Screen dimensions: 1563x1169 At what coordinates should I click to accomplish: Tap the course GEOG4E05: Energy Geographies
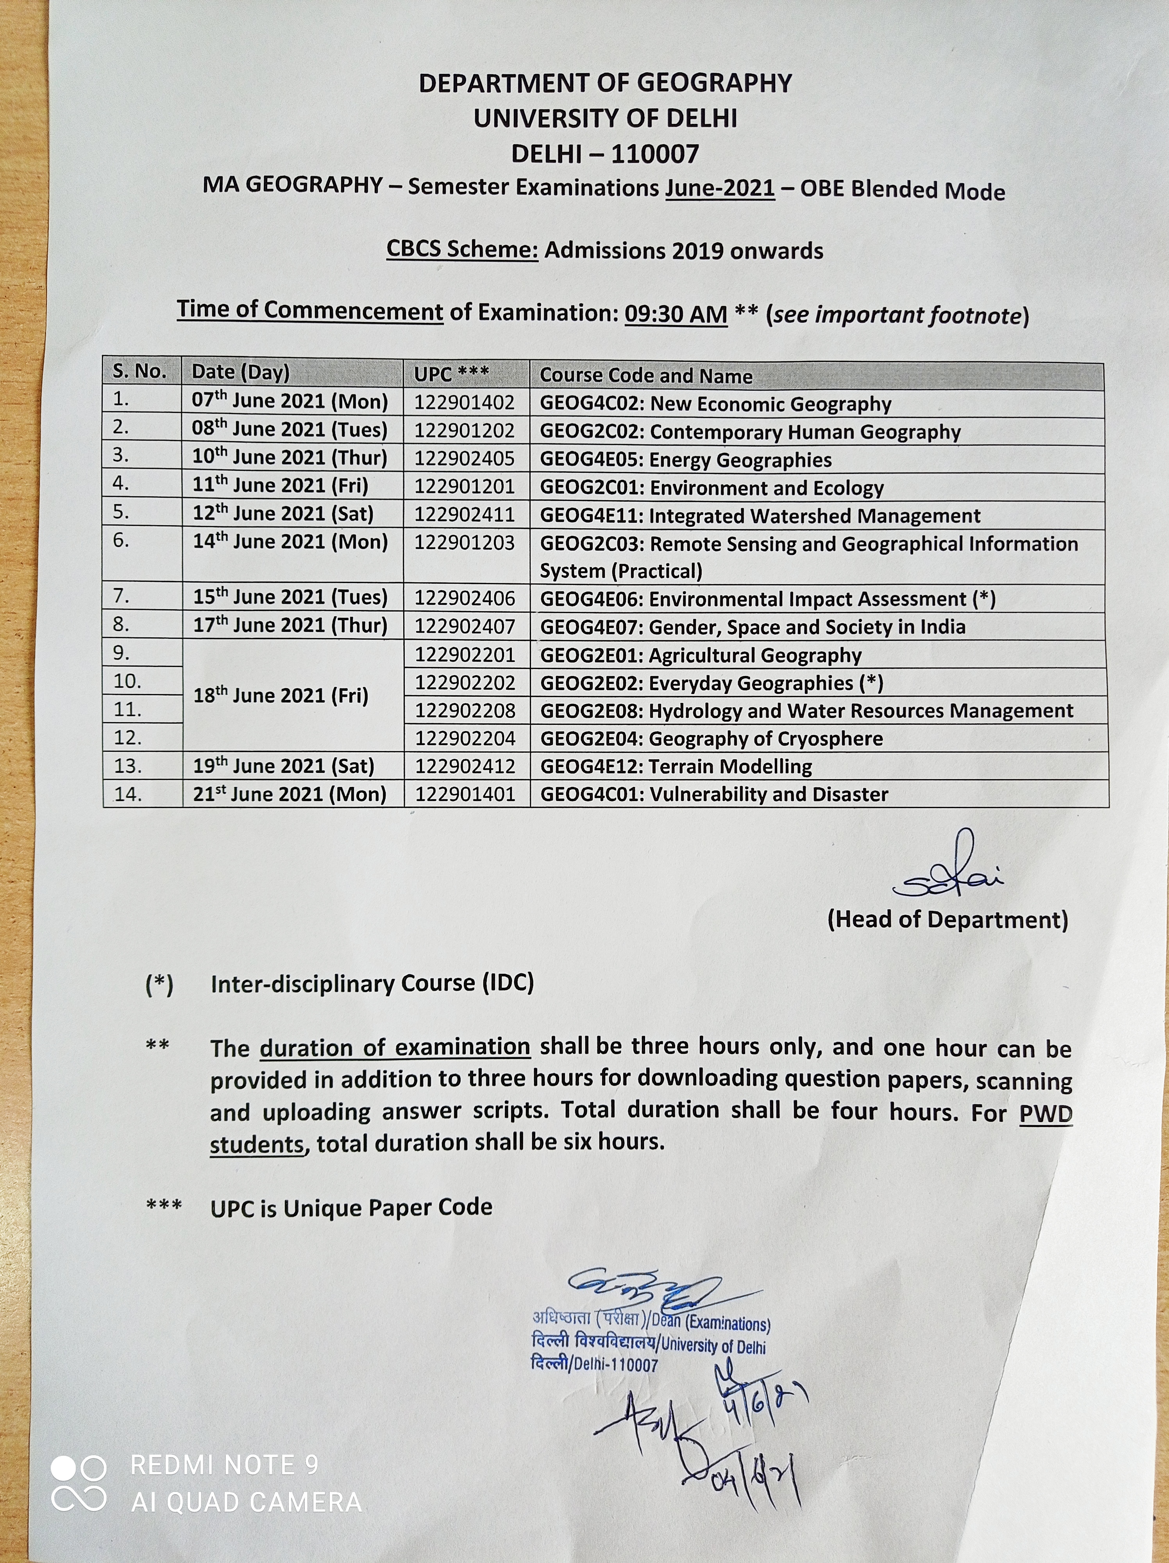[685, 460]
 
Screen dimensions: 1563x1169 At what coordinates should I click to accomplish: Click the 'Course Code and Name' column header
[645, 375]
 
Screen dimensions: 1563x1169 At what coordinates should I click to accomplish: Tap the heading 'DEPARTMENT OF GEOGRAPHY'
[605, 83]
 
